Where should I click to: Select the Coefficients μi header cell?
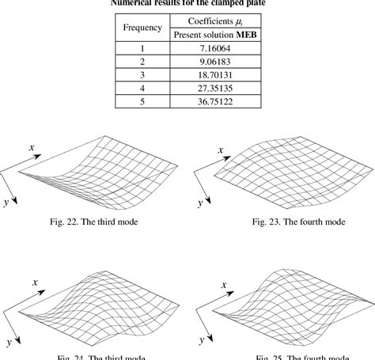[x=219, y=21]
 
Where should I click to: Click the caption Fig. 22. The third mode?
[x=96, y=222]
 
